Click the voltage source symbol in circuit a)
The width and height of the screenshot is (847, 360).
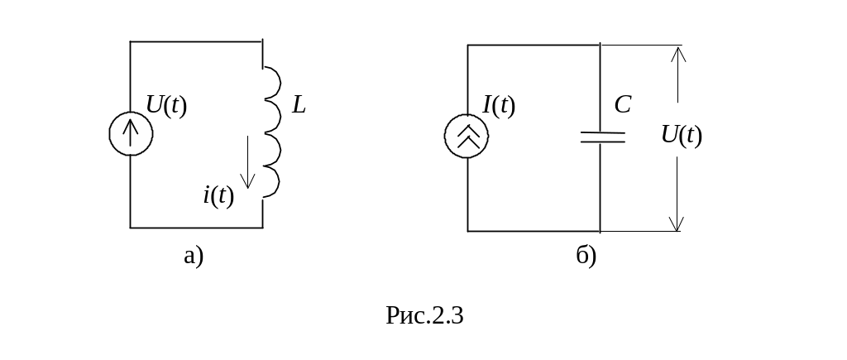[131, 134]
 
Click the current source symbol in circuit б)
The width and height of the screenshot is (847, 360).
[467, 136]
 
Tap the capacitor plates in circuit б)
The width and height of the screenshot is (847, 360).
[601, 137]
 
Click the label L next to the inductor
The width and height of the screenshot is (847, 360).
[299, 106]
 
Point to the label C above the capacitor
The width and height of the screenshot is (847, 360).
[622, 105]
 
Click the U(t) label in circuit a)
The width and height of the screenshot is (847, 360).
[166, 105]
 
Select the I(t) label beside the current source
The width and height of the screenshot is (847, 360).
[499, 105]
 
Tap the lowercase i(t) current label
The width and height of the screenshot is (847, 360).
[218, 195]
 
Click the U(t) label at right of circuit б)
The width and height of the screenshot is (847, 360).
[682, 135]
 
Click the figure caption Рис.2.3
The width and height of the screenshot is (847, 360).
[423, 315]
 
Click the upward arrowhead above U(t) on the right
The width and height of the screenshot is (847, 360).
[677, 52]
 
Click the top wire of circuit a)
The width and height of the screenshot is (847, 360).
[196, 41]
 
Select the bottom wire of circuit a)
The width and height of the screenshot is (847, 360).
[196, 227]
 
